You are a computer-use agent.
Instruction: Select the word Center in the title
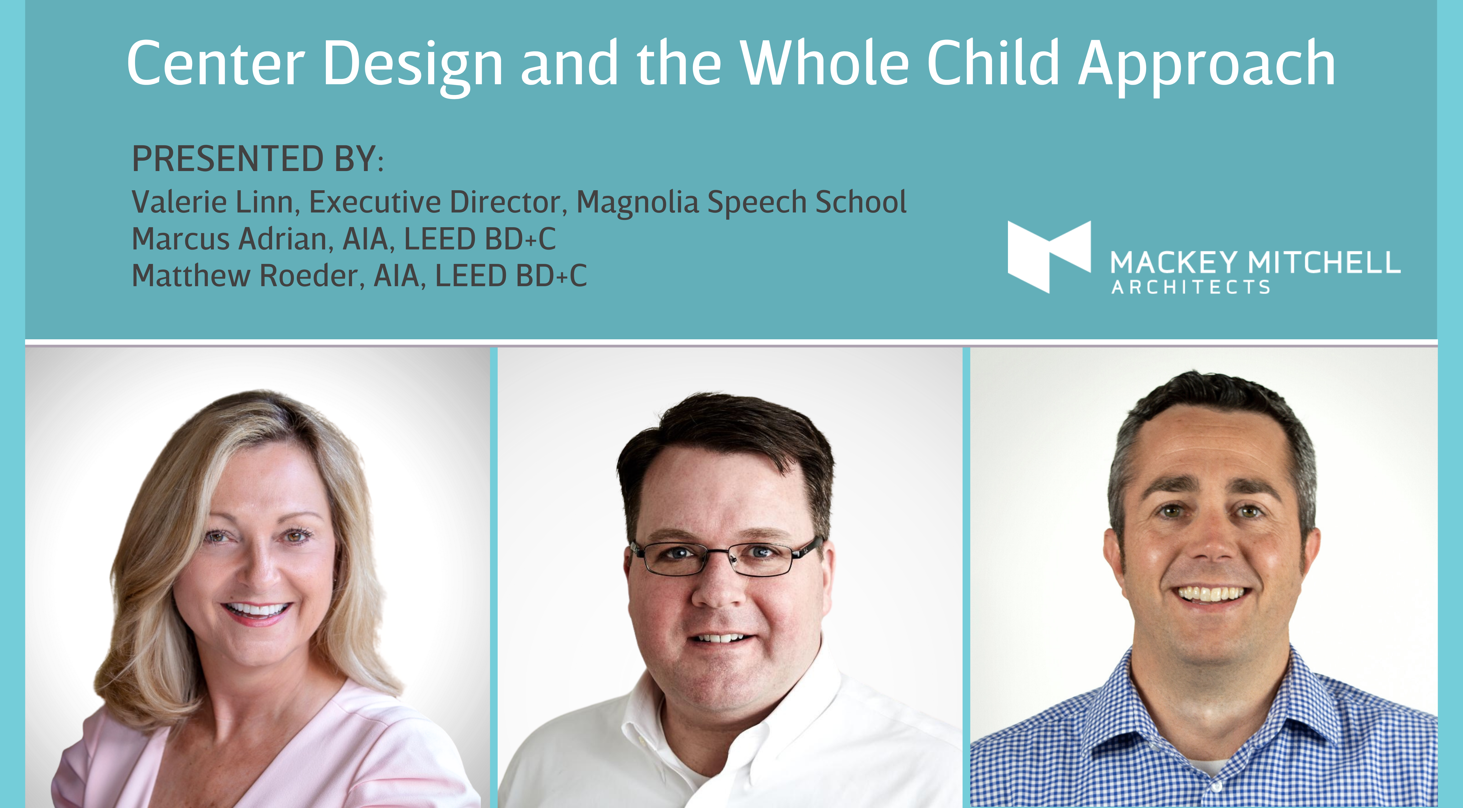(216, 64)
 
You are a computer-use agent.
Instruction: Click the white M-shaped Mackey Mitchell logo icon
(1049, 257)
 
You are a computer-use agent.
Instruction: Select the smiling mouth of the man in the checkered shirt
(1211, 595)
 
